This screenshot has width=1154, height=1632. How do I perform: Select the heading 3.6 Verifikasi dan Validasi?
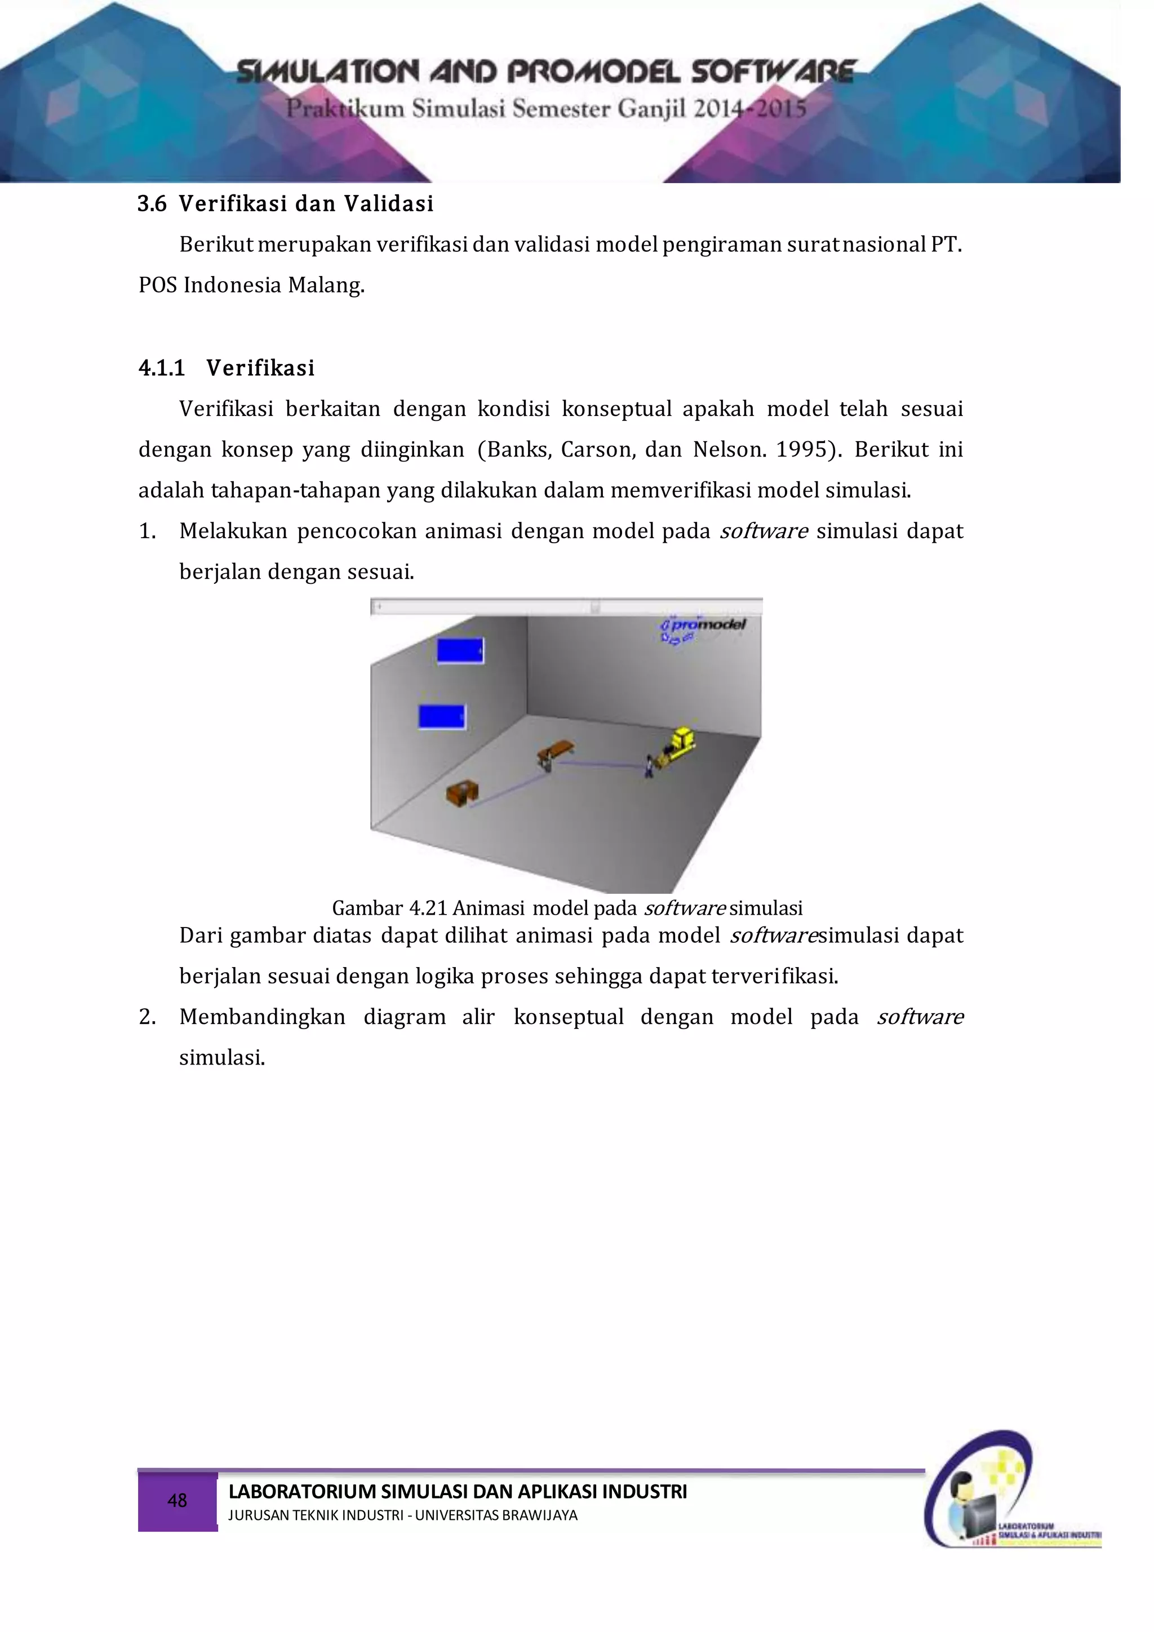[x=285, y=204]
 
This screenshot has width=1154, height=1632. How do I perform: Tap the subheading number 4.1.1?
[x=161, y=368]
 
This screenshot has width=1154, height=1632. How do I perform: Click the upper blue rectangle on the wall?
[x=460, y=650]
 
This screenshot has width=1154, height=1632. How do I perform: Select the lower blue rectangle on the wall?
[x=442, y=716]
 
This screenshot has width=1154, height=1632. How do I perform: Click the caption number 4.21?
[x=428, y=908]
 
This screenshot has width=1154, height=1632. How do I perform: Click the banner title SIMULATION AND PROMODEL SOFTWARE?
[x=546, y=72]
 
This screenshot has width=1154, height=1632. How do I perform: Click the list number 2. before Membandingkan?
[x=147, y=1017]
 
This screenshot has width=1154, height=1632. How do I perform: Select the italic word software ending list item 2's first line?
[x=920, y=1017]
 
